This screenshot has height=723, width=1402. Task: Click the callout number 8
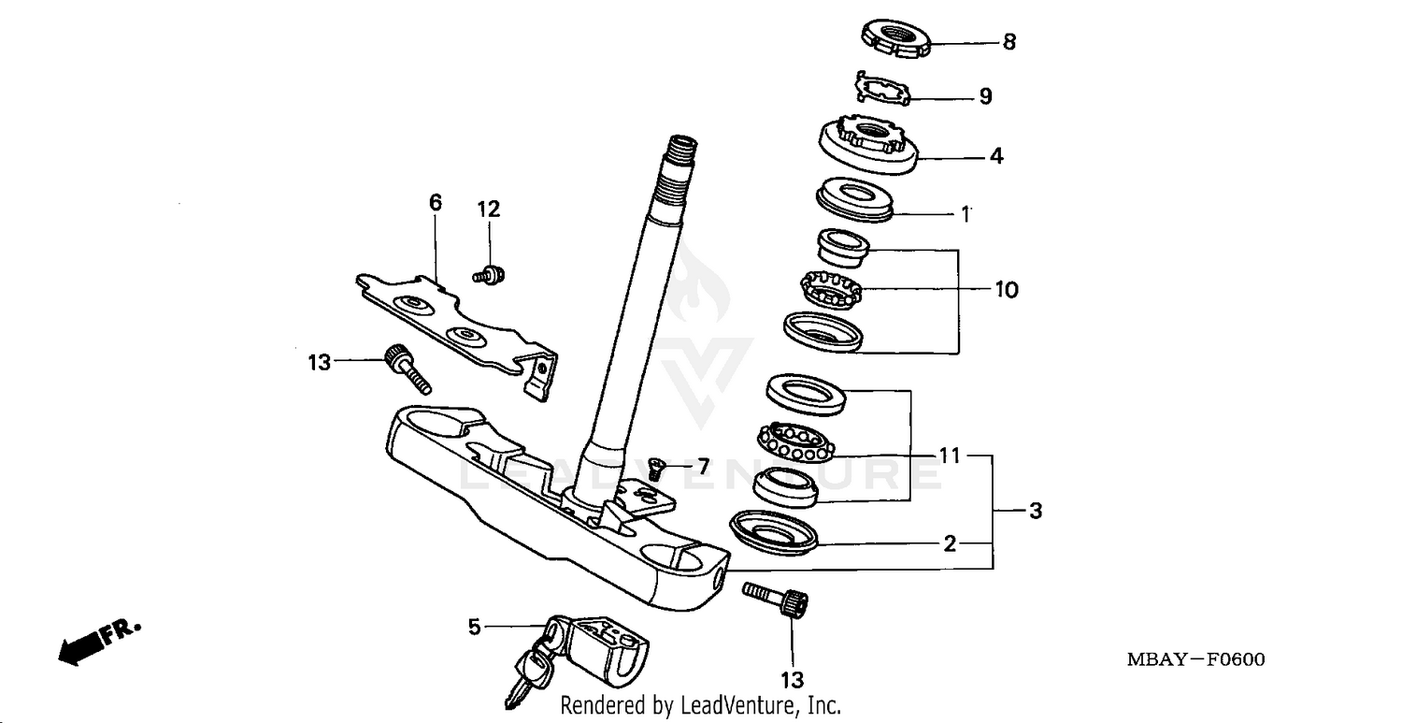1009,43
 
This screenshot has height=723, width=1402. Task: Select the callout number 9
985,96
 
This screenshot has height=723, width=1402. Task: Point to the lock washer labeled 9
880,89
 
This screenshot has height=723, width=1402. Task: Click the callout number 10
1006,290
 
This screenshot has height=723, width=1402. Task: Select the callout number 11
950,456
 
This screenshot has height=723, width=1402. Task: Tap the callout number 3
1035,512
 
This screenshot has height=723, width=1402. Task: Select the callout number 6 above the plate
436,203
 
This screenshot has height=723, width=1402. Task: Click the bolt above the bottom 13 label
777,598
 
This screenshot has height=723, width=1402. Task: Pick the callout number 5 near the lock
475,627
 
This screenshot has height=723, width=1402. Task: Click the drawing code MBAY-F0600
1195,660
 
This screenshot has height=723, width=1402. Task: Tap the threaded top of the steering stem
680,154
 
